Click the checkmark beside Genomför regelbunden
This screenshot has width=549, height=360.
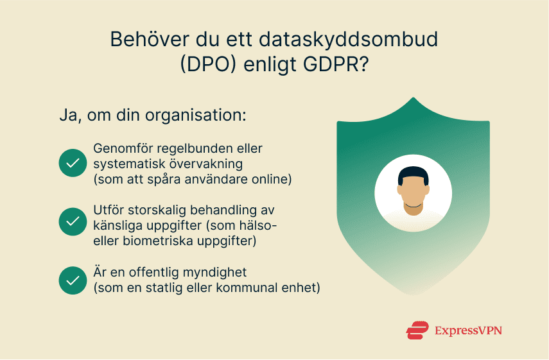(73, 163)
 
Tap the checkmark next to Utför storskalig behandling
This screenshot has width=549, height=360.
(73, 221)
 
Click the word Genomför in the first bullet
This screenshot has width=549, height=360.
(121, 149)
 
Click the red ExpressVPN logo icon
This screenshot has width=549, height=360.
(417, 330)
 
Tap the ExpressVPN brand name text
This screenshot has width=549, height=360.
(468, 330)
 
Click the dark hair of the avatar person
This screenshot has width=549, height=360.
(412, 173)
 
